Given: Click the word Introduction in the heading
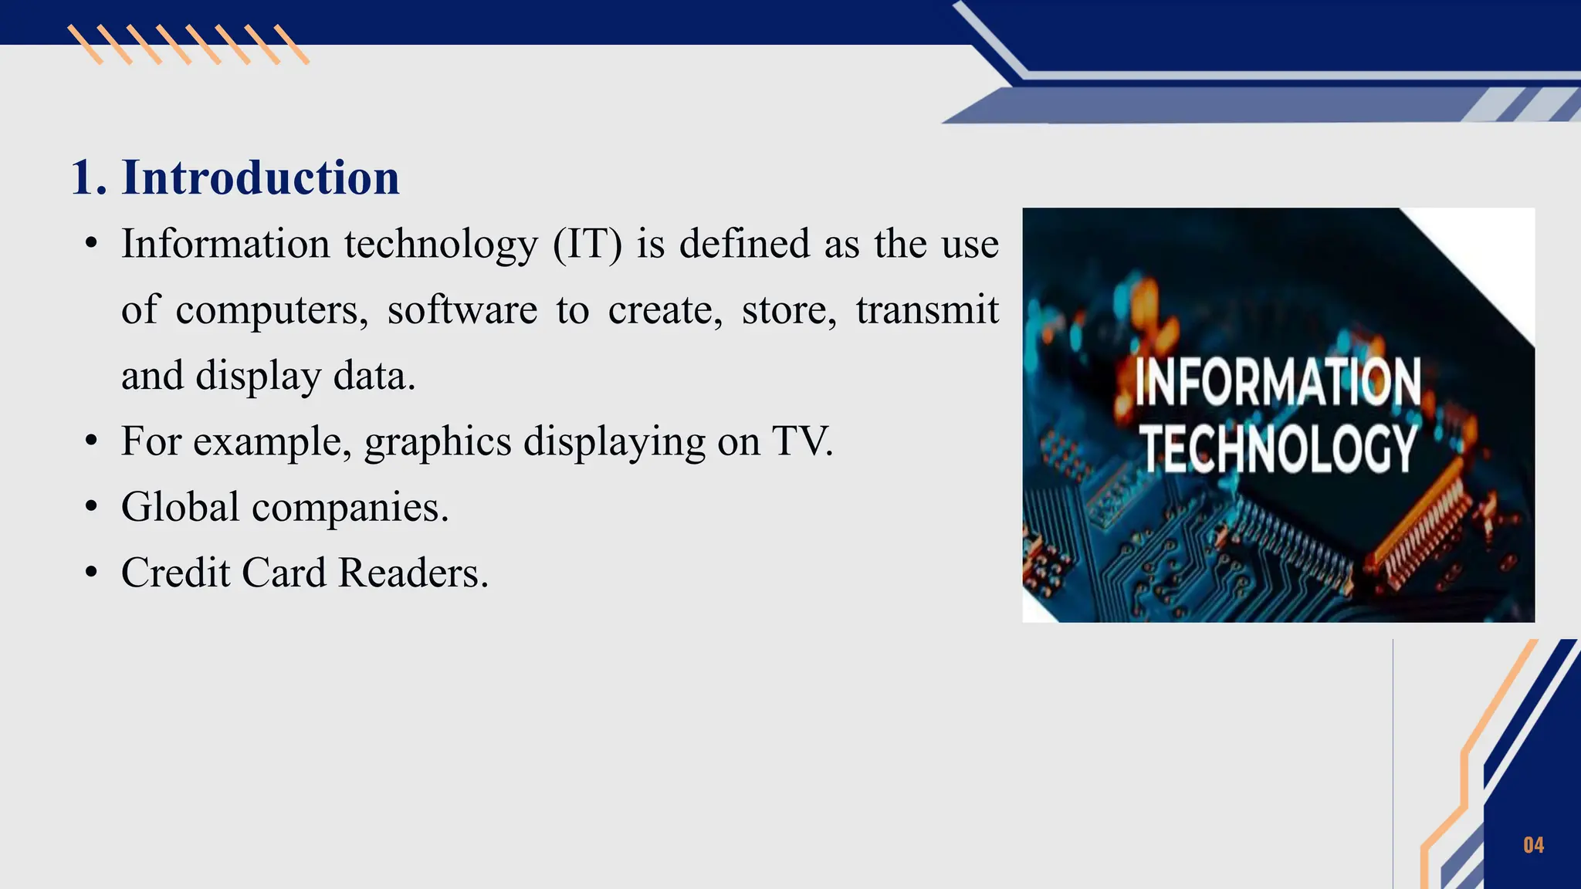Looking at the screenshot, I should coord(261,177).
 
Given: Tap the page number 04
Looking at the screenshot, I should coord(1533,845).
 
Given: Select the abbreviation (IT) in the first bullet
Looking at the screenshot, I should coord(587,244).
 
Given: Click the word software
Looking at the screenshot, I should coord(462,310).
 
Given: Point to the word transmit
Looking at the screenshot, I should coord(927,310).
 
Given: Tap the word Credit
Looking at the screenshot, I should coord(176,573).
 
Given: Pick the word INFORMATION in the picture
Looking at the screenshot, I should coord(1278,382).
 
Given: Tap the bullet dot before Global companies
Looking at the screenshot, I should coord(92,508).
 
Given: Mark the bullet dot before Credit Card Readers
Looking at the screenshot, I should coord(92,573).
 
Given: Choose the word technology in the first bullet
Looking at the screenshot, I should coord(442,245).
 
